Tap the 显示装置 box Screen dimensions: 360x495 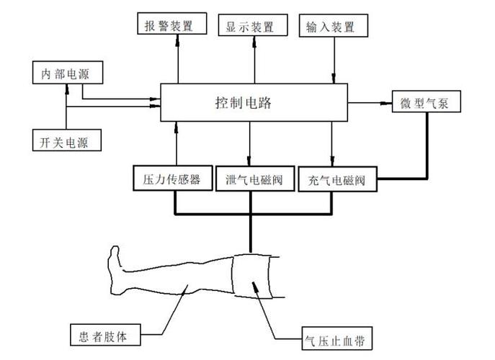(251, 27)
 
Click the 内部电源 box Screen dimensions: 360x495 (66, 73)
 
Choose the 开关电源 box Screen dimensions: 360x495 (66, 140)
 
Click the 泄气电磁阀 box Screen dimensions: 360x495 (251, 179)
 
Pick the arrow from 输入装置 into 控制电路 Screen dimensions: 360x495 (333, 60)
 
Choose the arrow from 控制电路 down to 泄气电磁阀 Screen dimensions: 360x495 (250, 144)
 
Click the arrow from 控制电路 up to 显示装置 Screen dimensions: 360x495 (254, 60)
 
